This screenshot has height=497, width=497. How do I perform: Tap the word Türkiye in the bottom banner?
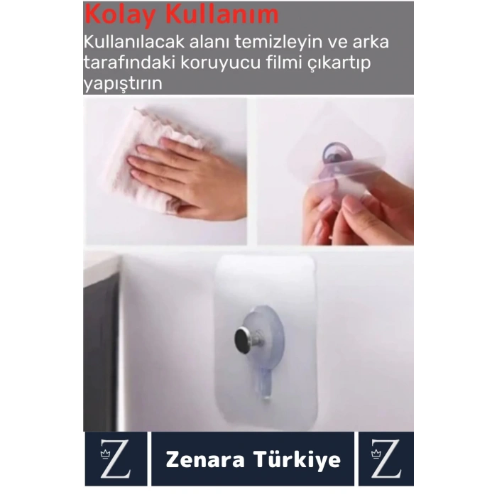click(298, 459)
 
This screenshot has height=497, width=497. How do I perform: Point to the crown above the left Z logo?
click(106, 448)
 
